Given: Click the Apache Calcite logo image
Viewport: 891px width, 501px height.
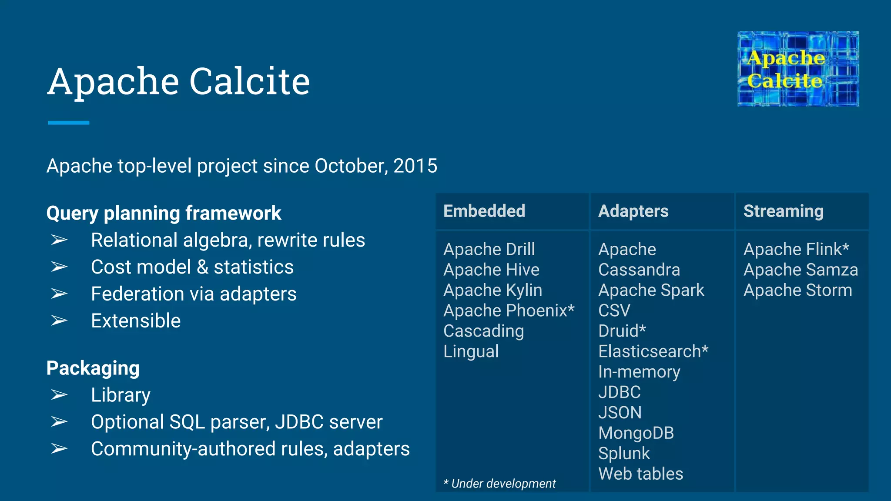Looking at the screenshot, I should coord(798,69).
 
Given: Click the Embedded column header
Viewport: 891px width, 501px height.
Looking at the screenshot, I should coord(484,211).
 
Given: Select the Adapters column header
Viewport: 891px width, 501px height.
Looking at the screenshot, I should coord(633,211).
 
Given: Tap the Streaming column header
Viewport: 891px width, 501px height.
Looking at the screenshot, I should coord(783,211).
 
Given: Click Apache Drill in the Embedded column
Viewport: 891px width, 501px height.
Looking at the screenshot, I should coord(489,250).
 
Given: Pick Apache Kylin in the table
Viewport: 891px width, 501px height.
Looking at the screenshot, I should coord(492,291).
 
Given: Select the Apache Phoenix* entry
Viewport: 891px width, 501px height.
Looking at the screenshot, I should coord(509,311).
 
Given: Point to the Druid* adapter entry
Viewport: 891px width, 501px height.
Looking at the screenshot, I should coord(622,331).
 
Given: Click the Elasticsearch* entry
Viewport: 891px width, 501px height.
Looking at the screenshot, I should coord(653,352).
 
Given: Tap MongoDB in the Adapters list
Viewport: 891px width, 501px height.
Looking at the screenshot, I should coord(636,433).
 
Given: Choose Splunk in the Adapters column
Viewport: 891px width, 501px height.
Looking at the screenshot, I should coord(624,454).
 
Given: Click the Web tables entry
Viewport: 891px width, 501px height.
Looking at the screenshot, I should coord(640,474).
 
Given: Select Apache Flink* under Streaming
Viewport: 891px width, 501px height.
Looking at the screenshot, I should coord(796,250).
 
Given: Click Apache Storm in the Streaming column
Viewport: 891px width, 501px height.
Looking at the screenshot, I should coord(797,291).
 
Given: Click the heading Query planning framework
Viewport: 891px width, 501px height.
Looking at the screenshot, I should coord(164,214).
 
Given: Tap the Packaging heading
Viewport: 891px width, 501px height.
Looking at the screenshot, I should coord(93,368).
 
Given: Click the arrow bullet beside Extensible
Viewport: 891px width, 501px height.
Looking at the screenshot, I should coord(59,321).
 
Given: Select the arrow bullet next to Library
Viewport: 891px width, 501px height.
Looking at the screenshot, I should coord(59,395).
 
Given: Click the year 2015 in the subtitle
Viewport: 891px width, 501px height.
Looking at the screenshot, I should coord(415,166).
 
